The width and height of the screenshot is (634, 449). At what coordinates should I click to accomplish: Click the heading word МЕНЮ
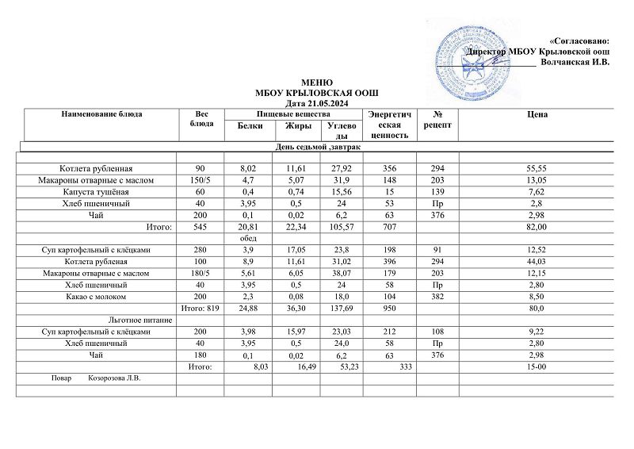coord(317,83)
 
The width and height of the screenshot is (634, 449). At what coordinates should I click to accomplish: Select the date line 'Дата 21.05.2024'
coord(317,104)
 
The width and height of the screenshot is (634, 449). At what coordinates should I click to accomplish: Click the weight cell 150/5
coord(204,180)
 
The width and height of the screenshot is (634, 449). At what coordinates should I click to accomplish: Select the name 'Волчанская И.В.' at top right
coord(574,62)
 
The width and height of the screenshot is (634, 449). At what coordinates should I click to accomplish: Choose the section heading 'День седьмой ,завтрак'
coord(317,148)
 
